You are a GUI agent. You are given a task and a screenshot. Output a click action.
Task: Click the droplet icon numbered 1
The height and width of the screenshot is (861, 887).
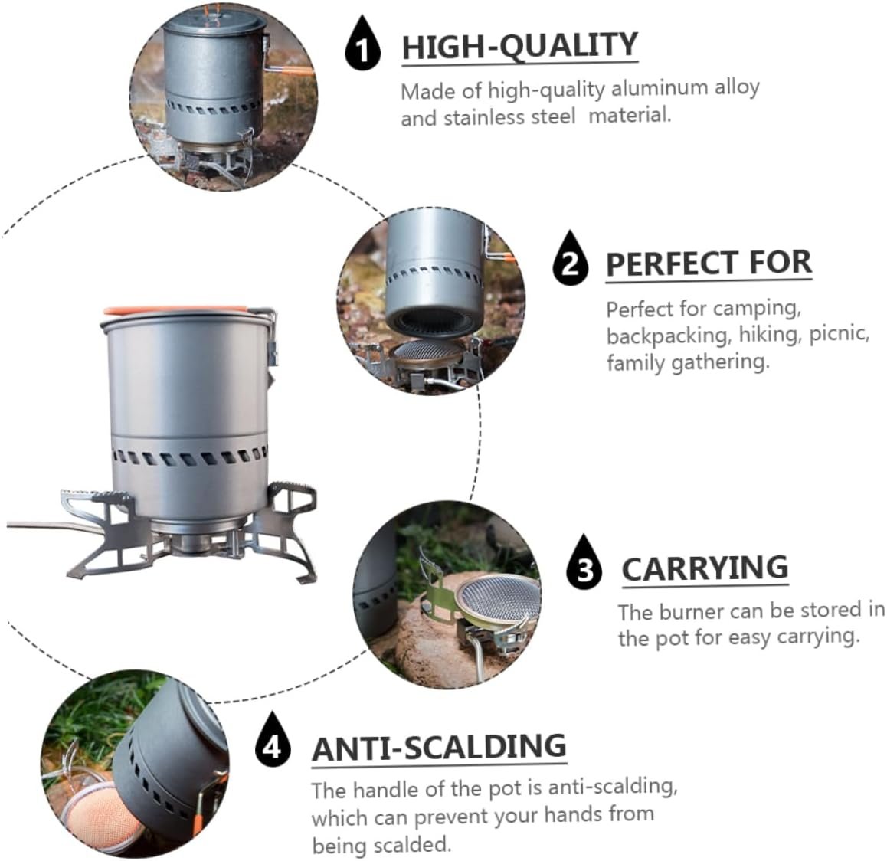(x=362, y=44)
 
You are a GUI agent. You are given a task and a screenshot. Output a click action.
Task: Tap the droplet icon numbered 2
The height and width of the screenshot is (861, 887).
(x=570, y=258)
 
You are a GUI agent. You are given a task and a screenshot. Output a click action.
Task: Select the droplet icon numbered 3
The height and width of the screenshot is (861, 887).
(x=584, y=561)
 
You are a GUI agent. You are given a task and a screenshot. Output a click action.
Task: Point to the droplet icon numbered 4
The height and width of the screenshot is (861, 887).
(x=273, y=739)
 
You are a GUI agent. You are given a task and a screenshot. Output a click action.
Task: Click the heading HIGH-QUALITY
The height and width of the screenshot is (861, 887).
(x=519, y=47)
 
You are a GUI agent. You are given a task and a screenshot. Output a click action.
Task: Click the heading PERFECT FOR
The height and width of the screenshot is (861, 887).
(x=709, y=264)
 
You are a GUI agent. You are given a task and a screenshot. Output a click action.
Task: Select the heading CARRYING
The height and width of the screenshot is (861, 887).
(x=705, y=568)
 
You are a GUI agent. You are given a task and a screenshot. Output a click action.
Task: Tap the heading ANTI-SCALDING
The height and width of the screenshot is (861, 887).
(x=439, y=748)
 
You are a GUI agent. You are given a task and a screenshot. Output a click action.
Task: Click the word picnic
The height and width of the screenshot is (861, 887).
(x=839, y=334)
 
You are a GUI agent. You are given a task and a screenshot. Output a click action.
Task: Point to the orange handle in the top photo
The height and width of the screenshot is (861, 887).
(x=290, y=70)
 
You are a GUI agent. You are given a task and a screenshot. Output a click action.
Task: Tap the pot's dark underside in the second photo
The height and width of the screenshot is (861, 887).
(x=434, y=322)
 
